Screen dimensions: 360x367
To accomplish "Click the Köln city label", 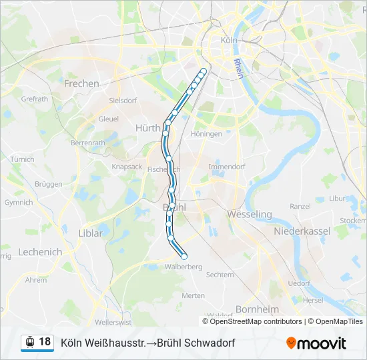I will click(x=229, y=40).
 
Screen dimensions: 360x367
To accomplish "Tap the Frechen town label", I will click(x=81, y=84).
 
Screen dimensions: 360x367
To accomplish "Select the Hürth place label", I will click(x=147, y=128).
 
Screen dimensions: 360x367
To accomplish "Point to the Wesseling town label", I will click(x=250, y=214).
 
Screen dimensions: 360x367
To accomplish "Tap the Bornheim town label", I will click(x=258, y=309).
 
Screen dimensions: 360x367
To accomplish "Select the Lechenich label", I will click(x=40, y=252).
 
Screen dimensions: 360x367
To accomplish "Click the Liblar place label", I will click(x=91, y=233).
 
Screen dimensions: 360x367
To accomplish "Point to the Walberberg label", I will click(x=183, y=267).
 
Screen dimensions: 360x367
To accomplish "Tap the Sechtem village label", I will click(x=220, y=275).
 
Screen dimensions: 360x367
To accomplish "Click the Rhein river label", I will click(x=237, y=68).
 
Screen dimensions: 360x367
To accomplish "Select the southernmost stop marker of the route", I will click(x=184, y=256).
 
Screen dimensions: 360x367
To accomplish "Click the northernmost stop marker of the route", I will click(x=204, y=71).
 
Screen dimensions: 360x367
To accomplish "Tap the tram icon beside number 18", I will click(x=29, y=343).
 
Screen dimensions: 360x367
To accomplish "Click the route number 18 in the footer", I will click(x=45, y=342).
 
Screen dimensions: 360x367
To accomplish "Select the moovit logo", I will click(x=316, y=343).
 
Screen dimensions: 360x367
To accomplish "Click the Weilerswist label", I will click(x=113, y=322).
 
